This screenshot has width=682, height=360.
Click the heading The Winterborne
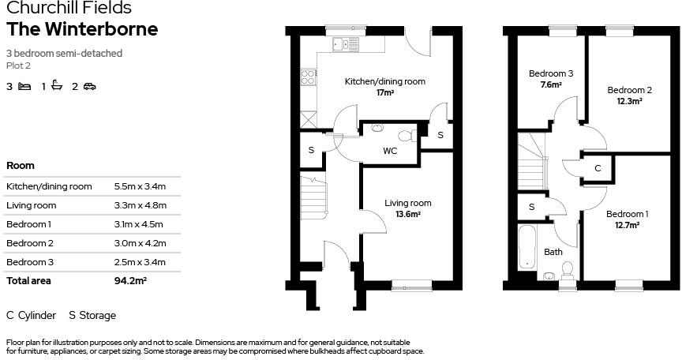(x=82, y=29)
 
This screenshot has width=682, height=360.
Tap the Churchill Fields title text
(x=69, y=9)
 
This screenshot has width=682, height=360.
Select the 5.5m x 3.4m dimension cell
(x=141, y=186)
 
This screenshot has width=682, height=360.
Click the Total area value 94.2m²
(x=131, y=280)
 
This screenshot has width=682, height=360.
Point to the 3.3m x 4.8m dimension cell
(x=141, y=205)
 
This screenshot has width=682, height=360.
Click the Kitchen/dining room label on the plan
(x=384, y=81)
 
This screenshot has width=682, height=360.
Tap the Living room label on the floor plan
(x=408, y=204)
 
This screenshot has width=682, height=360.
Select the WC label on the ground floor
(x=390, y=150)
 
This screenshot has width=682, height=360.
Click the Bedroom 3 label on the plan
(x=550, y=73)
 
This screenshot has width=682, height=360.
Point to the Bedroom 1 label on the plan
(x=627, y=214)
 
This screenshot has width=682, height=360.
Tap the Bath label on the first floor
(x=553, y=253)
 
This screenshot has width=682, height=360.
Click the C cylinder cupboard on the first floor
(x=598, y=168)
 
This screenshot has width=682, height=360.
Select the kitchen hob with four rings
(x=308, y=77)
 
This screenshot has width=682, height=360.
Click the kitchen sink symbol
(x=341, y=43)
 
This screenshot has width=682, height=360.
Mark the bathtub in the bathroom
(x=526, y=247)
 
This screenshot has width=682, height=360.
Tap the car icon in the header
(x=89, y=87)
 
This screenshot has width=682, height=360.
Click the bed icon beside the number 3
(x=24, y=87)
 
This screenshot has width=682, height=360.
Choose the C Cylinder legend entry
(x=31, y=315)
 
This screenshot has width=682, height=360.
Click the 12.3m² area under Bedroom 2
(x=628, y=101)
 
